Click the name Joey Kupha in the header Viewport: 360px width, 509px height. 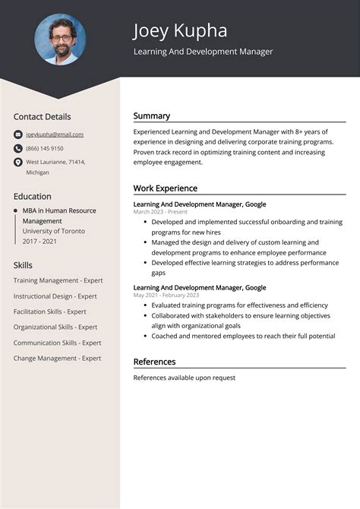[179, 30]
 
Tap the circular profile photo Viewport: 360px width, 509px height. [60, 40]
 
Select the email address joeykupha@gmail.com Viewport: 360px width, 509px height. [55, 134]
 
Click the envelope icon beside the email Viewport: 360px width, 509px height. [18, 134]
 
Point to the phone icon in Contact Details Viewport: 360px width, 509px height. [18, 148]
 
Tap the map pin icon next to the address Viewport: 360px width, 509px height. [18, 163]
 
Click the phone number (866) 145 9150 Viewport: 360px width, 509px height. [45, 148]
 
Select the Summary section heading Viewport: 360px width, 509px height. [152, 116]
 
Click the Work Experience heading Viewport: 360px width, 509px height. [165, 188]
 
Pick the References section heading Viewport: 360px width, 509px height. [154, 362]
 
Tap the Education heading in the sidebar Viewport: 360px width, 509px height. [33, 196]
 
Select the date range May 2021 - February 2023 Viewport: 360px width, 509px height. [166, 295]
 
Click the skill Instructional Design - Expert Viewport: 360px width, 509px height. [55, 296]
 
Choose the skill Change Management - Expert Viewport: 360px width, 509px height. [57, 358]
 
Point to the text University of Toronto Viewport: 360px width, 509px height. [54, 231]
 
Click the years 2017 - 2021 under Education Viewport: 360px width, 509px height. [39, 241]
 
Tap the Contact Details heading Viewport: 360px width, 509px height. [42, 116]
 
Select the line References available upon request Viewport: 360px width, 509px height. [185, 378]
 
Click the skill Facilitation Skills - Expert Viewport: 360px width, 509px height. [49, 311]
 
